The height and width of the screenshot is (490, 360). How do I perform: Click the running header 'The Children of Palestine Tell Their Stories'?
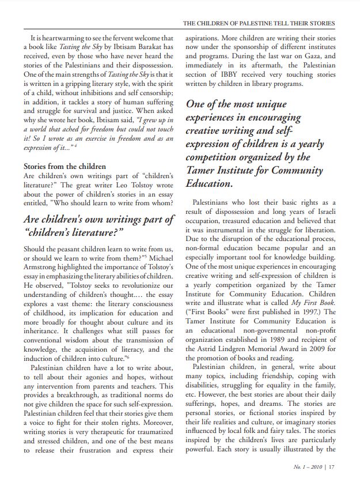tap(258, 24)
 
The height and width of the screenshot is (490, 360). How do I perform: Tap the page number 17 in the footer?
tap(331, 468)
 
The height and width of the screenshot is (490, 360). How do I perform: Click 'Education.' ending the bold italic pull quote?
tap(209, 184)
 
